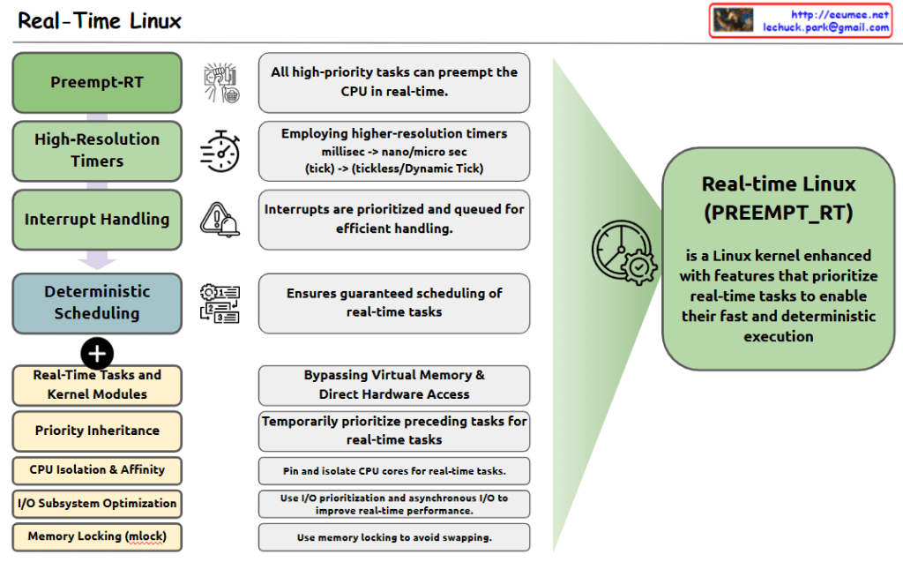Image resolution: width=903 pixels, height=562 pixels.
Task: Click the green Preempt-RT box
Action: coord(97,83)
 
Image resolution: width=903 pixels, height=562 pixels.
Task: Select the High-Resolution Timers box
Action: coord(97,150)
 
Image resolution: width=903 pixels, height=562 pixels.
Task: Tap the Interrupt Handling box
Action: coord(97,219)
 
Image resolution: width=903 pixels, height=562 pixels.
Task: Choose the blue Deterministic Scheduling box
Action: coord(97,303)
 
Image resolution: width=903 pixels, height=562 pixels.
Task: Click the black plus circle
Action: coord(97,353)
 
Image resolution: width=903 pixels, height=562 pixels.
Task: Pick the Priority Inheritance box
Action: coord(97,431)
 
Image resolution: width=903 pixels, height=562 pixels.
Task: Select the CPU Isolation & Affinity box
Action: coord(97,469)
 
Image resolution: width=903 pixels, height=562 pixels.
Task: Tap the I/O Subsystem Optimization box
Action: coord(97,503)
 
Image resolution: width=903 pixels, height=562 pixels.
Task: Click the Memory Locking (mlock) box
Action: coord(97,536)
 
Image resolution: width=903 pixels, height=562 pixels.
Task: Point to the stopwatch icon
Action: coord(220,150)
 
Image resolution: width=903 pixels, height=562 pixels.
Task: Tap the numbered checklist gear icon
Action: coord(220,303)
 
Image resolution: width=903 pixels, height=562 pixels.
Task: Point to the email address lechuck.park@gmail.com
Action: coord(825,27)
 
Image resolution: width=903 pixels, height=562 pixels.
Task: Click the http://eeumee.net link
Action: coord(840,14)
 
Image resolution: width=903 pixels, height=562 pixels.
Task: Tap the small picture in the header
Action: coord(733,20)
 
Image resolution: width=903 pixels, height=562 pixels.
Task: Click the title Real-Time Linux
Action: coord(100,20)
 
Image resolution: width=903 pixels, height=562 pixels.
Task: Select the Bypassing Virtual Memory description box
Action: coord(394,385)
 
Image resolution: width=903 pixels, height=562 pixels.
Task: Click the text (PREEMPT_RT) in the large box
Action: coord(779,213)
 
